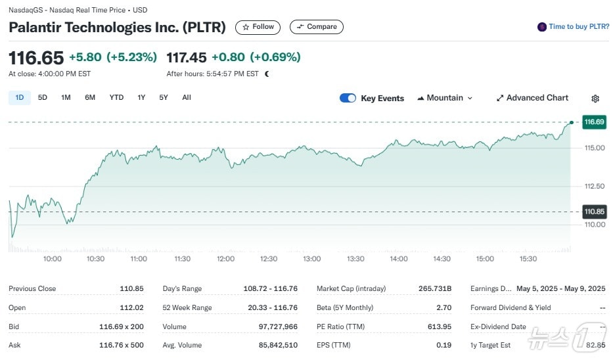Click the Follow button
click(258, 27)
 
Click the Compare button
click(316, 27)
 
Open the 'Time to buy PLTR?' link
click(572, 27)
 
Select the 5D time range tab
click(43, 98)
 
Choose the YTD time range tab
click(116, 98)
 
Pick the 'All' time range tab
click(187, 98)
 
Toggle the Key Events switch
click(348, 98)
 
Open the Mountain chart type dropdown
click(445, 98)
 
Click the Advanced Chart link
click(532, 98)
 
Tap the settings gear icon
click(595, 99)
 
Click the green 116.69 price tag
click(594, 122)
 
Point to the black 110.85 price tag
click(594, 212)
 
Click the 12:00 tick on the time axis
click(225, 259)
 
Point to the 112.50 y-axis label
click(595, 187)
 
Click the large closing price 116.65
click(35, 57)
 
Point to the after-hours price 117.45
click(187, 57)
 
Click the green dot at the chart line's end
click(572, 122)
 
